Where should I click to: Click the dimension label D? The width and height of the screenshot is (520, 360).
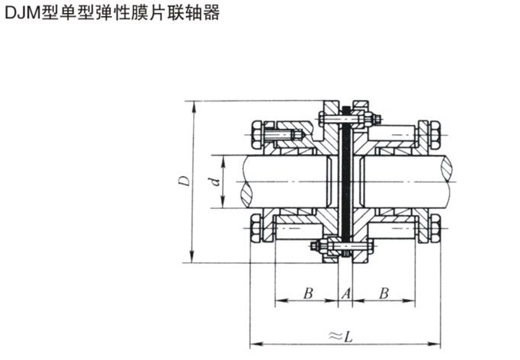point(183,181)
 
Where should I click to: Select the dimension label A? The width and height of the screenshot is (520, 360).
point(345,293)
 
